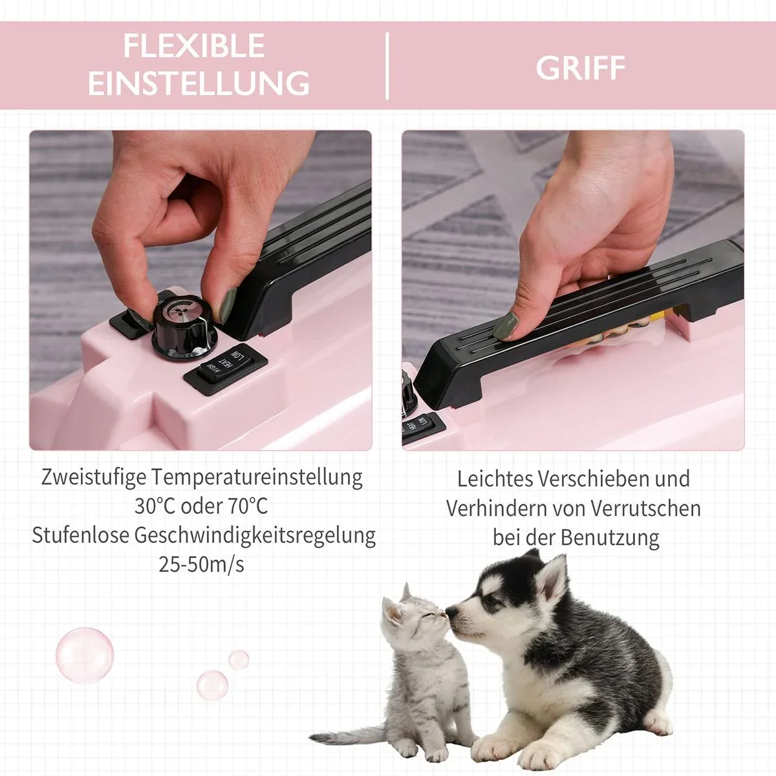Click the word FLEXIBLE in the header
click(194, 46)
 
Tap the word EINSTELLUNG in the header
click(199, 83)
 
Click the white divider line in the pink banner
click(387, 66)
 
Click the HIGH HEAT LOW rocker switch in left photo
click(226, 369)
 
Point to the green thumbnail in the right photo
click(508, 325)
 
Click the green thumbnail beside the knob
click(228, 305)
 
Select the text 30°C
click(154, 506)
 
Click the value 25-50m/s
click(201, 564)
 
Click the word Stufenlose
click(80, 535)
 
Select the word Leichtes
click(493, 479)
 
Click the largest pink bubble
click(85, 655)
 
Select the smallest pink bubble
click(239, 659)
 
